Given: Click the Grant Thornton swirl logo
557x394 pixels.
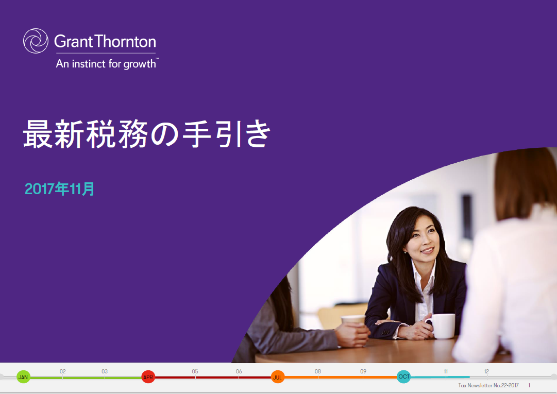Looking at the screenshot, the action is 36,41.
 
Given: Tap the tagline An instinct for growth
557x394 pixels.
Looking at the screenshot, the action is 107,64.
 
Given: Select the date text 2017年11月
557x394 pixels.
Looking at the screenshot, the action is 59,189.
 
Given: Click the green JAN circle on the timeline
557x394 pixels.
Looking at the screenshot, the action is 23,377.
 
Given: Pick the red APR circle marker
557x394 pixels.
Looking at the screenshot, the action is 148,377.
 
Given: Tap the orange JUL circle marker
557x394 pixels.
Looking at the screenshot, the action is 277,377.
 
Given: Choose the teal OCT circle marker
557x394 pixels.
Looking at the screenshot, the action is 403,376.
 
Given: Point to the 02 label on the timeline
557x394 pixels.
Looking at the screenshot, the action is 62,371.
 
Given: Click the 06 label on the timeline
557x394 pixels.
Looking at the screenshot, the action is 239,371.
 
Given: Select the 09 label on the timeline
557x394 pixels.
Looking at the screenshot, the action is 363,371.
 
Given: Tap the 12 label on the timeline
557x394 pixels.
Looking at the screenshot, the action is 486,371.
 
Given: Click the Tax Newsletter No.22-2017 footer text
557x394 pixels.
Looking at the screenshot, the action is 488,385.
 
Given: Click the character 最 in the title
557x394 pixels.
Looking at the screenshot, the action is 38,134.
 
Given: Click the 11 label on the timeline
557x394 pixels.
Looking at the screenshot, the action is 446,371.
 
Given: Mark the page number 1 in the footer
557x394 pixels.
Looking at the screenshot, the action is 529,385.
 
